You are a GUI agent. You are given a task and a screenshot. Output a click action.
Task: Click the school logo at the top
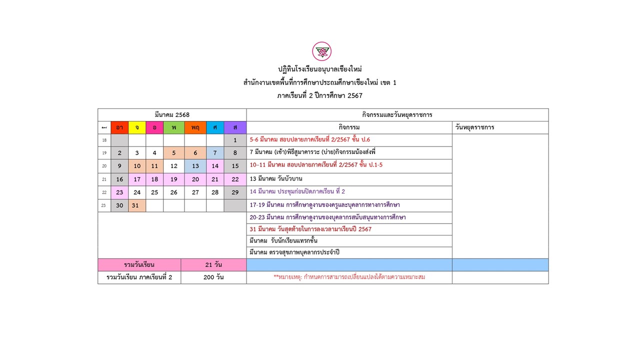321,51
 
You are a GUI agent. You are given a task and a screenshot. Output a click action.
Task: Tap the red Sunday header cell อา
119,127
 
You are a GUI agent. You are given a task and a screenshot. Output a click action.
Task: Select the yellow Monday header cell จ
137,127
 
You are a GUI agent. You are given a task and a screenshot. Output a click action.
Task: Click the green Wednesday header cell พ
173,127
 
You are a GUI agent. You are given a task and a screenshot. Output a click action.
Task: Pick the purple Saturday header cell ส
235,127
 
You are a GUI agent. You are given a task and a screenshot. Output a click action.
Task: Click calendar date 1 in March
235,140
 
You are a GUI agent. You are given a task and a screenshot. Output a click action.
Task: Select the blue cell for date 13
195,166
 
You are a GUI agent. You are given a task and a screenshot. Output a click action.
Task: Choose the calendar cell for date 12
173,166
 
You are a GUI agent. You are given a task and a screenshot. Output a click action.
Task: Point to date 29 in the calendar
235,192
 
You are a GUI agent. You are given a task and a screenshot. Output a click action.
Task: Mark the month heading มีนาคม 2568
172,115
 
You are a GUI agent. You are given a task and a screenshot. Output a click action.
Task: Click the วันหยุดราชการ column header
474,127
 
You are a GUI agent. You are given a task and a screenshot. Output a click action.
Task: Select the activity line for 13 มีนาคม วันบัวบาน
276,179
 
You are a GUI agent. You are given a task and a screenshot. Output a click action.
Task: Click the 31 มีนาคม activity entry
310,229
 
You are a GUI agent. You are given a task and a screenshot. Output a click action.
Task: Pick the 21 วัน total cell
213,264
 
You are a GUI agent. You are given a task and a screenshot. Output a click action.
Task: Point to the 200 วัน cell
213,277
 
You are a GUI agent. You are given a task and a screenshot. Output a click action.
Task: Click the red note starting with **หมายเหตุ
349,277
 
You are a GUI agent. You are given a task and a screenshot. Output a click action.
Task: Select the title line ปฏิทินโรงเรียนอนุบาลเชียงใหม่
319,69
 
